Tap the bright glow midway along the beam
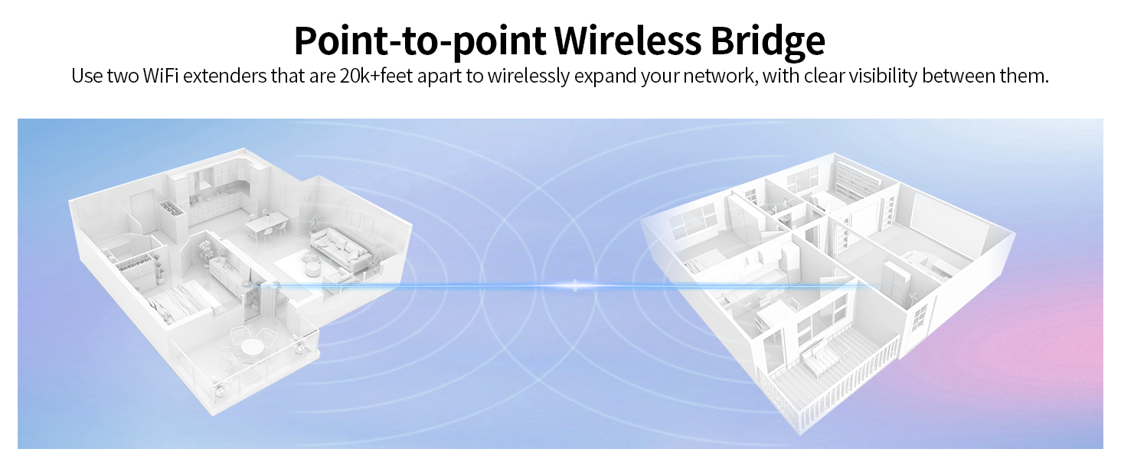click(575, 285)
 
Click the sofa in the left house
click(342, 249)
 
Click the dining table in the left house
click(266, 223)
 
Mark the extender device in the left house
click(247, 285)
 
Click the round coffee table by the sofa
click(312, 269)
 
